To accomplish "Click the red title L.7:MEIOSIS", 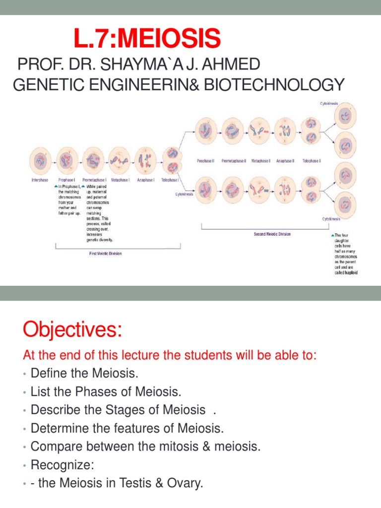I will [x=147, y=39].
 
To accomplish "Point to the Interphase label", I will [x=40, y=180].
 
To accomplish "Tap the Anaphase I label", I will [x=144, y=180].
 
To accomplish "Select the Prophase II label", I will [x=205, y=161].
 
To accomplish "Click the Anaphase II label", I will [x=285, y=161].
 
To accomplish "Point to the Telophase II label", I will [x=312, y=161].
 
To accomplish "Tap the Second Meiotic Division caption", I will [x=272, y=234].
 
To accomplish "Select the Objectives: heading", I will [x=72, y=329].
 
